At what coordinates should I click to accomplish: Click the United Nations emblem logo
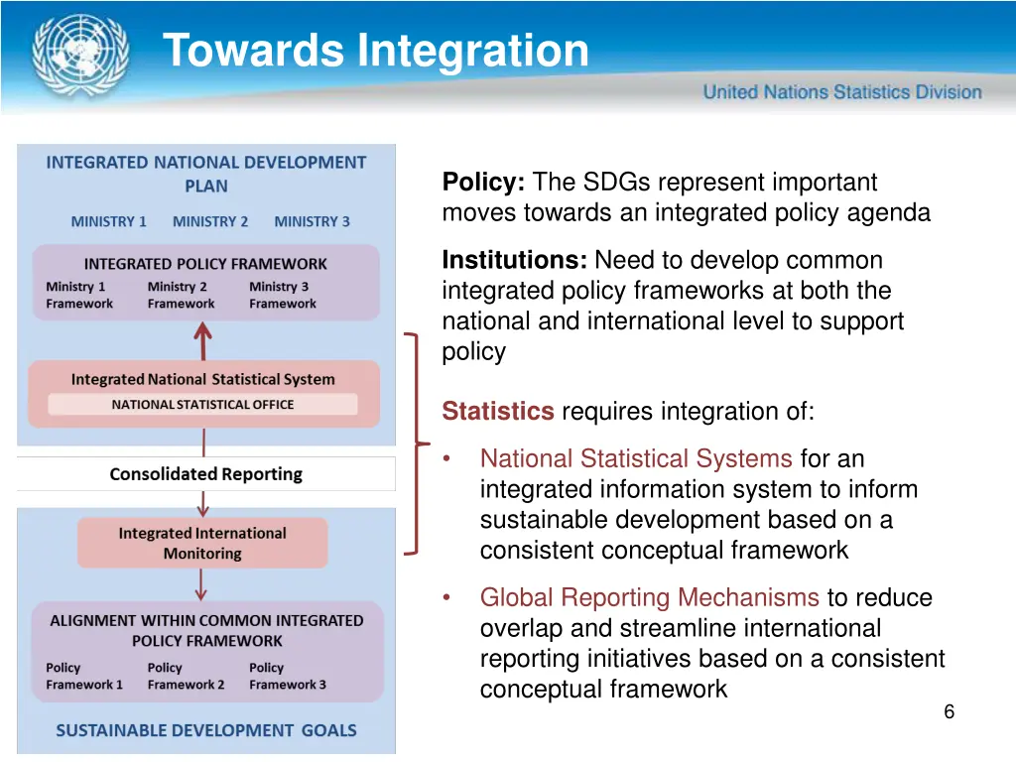point(79,54)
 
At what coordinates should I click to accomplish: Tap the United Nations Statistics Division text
point(841,92)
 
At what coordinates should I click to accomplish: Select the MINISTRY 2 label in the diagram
point(210,222)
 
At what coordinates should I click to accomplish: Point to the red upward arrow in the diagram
point(202,341)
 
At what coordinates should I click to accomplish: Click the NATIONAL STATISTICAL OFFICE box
point(202,405)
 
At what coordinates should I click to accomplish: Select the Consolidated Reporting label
point(205,474)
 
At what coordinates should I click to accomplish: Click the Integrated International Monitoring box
point(202,544)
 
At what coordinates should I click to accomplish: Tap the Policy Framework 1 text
point(84,677)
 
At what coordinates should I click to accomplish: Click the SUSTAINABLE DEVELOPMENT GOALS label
point(205,730)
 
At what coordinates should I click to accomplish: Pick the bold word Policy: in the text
point(483,183)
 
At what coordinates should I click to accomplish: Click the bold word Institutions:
point(514,261)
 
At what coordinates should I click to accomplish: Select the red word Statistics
point(497,412)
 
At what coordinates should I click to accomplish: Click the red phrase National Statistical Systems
point(635,459)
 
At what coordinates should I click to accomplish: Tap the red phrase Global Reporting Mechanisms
point(649,598)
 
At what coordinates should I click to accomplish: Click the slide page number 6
point(949,711)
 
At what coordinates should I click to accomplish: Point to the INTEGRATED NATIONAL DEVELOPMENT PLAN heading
point(205,174)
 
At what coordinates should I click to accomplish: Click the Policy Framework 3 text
point(287,677)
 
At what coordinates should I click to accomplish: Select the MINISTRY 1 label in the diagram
point(108,222)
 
